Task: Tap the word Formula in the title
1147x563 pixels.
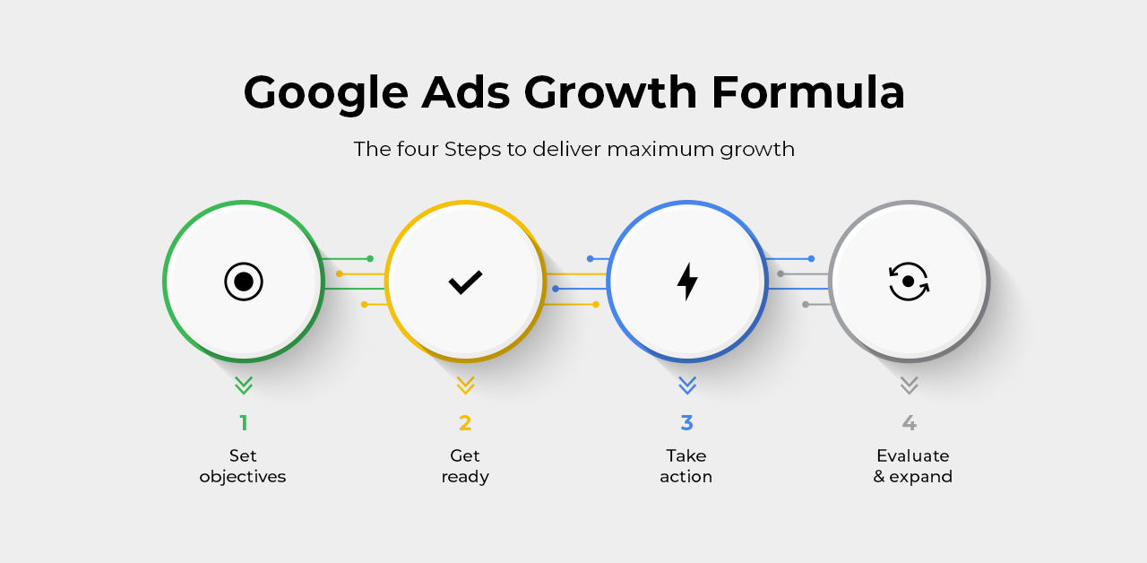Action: pos(808,92)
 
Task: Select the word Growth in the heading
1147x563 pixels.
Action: pos(610,92)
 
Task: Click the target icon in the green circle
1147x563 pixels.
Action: pos(244,281)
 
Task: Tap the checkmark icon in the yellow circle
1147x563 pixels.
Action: pos(465,281)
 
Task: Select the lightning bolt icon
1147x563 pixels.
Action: pos(687,281)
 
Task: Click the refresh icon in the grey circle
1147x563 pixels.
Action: pos(909,281)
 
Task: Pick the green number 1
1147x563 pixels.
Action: pos(244,423)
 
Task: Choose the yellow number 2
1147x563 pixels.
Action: pos(465,423)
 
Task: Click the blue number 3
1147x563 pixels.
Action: pos(686,423)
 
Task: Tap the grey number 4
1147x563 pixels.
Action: pos(909,423)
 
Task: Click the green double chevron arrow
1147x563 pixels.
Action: pos(244,385)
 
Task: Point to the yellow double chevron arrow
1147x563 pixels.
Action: pos(465,385)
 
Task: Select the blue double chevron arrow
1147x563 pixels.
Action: pos(687,385)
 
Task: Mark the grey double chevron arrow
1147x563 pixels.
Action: pos(909,385)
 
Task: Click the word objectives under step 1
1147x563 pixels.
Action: pos(243,477)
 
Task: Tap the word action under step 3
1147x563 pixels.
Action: pos(686,477)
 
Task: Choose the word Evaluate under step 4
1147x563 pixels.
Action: pos(913,455)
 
